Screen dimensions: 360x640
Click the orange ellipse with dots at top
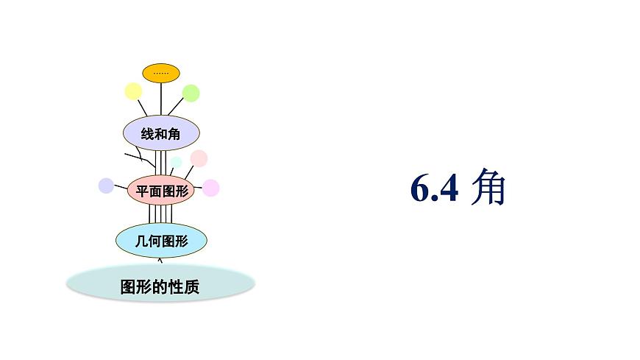161,73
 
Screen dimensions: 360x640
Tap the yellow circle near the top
133,91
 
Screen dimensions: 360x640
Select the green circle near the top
191,93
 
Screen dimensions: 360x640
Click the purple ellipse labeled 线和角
160,133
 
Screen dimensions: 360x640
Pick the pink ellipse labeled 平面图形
159,191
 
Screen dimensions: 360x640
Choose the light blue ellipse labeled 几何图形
161,240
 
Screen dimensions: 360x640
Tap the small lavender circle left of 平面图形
106,186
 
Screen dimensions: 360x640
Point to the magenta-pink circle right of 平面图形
211,188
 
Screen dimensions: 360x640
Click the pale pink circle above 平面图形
199,158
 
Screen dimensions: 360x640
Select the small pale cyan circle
177,163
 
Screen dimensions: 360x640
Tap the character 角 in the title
488,188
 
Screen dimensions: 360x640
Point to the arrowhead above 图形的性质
160,259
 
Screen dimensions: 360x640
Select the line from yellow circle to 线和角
143,107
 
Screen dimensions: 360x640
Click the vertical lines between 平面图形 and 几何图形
160,213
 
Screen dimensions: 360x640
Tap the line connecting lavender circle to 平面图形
121,188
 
